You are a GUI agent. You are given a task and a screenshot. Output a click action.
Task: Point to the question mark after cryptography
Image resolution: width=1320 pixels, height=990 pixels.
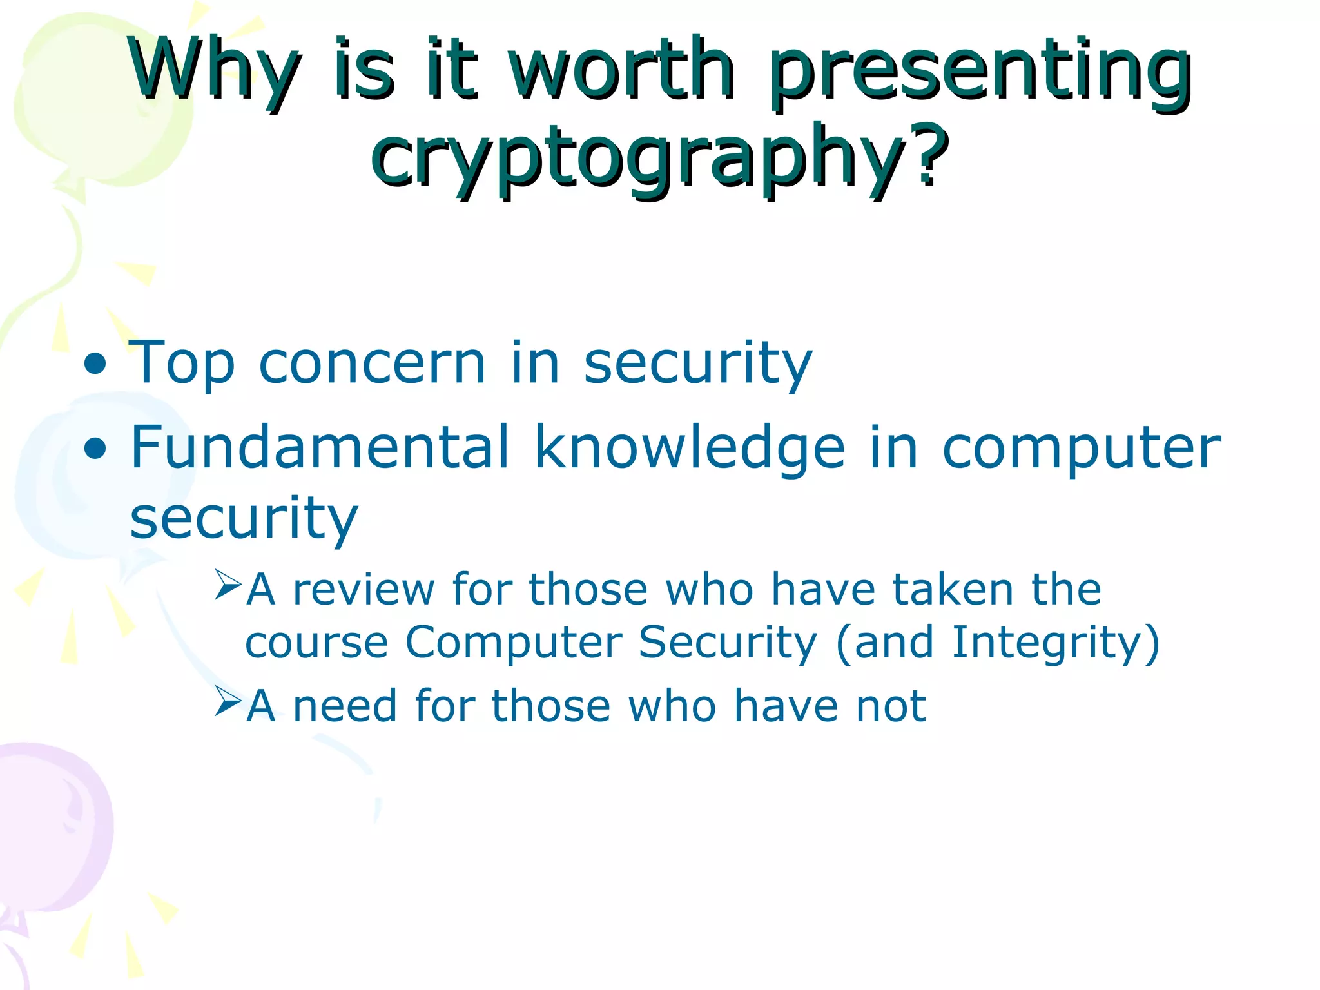[928, 155]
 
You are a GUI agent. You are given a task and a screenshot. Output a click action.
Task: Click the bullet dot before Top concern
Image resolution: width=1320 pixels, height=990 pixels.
[95, 365]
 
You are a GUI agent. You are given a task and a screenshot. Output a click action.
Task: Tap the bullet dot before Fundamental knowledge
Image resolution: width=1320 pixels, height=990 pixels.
[95, 449]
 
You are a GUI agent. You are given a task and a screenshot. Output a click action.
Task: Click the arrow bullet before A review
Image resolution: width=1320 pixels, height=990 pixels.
[227, 585]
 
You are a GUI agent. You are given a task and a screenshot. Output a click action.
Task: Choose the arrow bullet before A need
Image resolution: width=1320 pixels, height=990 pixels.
[227, 701]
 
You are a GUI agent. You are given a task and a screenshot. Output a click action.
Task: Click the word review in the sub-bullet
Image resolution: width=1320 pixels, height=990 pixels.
[364, 590]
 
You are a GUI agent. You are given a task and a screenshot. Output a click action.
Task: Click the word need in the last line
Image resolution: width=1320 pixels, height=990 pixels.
[345, 706]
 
